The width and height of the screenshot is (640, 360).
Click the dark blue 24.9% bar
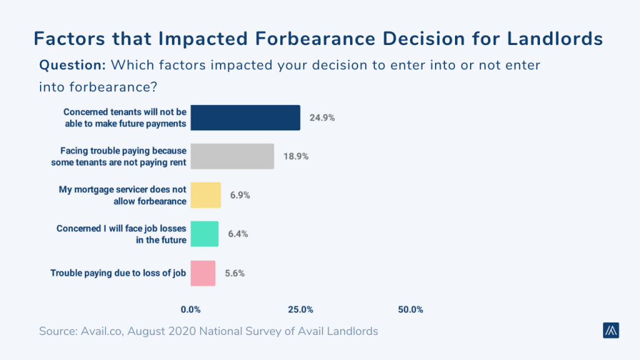pos(245,117)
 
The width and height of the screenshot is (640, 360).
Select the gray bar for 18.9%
pos(232,156)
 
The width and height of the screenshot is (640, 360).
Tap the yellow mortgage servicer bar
pos(206,195)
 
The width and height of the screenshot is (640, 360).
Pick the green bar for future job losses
pos(204,234)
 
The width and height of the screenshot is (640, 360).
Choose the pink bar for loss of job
pos(203,273)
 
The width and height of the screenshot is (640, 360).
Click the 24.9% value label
pos(322,117)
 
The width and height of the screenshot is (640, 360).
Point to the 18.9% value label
pos(296,156)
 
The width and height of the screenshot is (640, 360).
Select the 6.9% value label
pos(240,195)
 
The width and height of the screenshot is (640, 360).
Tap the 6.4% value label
pos(238,234)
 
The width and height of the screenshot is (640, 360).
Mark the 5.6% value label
pos(236,273)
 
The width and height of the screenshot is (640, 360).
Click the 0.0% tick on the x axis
pos(191,309)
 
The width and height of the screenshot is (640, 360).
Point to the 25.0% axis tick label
pos(301,309)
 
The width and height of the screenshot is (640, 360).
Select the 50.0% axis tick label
pos(411,309)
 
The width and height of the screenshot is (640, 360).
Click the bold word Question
pos(72,64)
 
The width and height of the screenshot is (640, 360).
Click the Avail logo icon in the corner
pos(611,331)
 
